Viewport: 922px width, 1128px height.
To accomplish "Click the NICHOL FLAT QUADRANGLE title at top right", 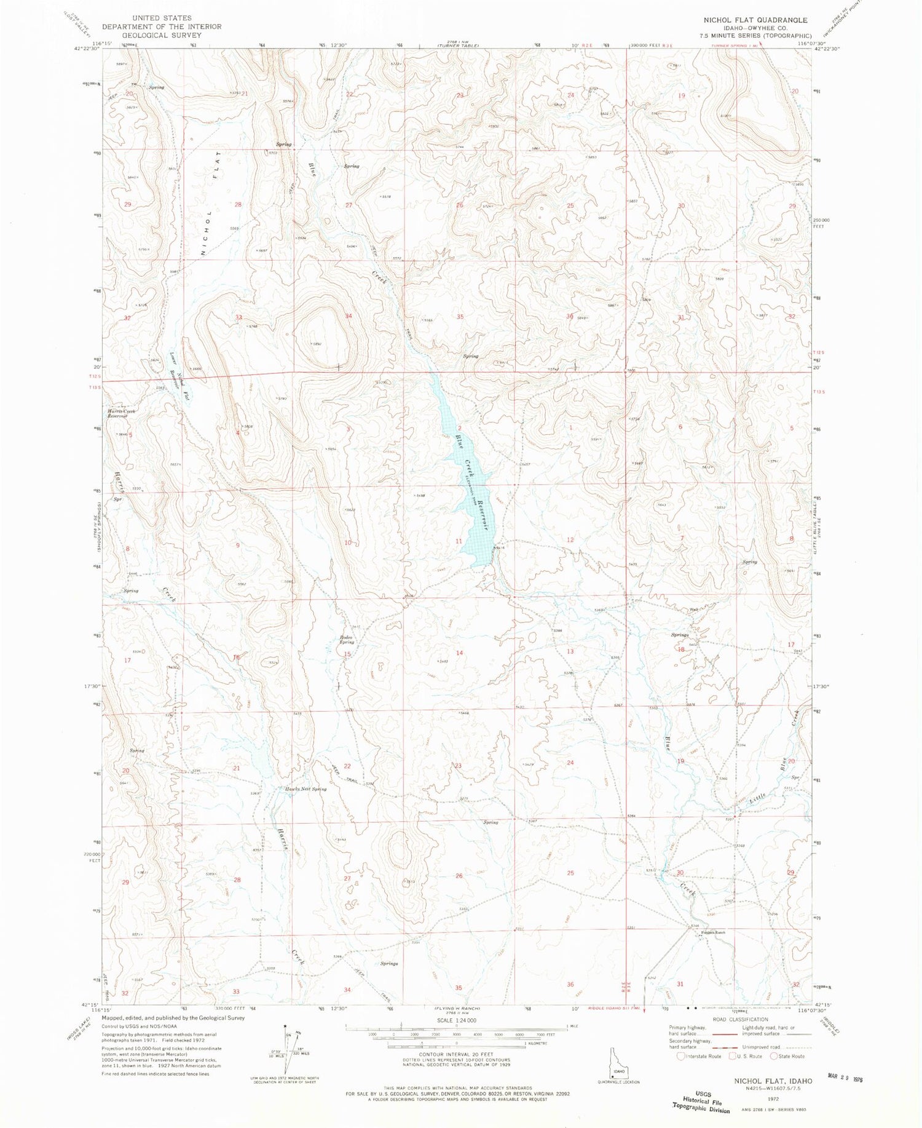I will tap(755, 20).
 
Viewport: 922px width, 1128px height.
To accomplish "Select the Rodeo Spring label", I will tap(343, 639).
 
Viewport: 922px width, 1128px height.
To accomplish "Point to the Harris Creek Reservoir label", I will tap(121, 413).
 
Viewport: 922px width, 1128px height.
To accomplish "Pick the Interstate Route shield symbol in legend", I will tap(681, 1057).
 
